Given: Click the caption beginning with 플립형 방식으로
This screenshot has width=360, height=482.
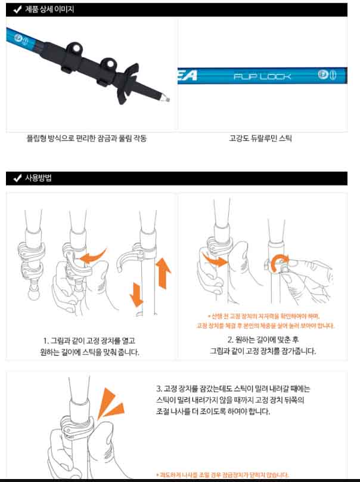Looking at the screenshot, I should pyautogui.click(x=86, y=138).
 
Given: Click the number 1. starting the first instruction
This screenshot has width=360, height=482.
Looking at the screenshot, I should pyautogui.click(x=46, y=341).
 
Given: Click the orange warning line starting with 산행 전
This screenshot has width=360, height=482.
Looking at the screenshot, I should pyautogui.click(x=264, y=316).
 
